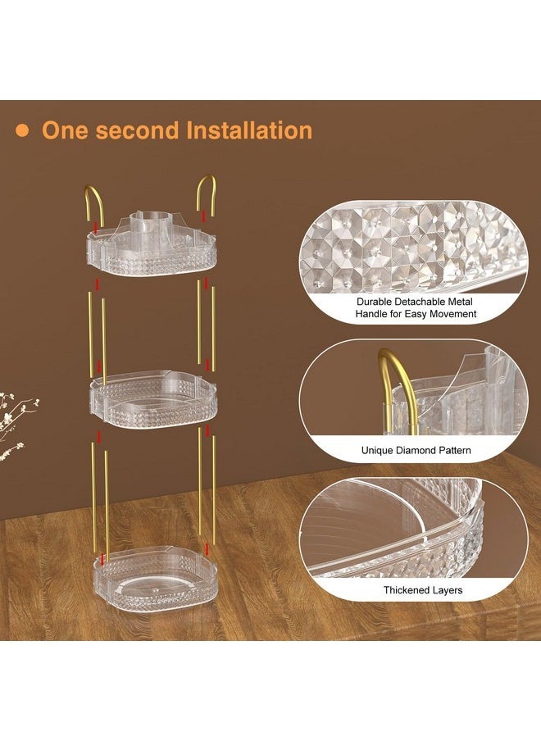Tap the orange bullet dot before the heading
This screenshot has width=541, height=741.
pyautogui.click(x=22, y=131)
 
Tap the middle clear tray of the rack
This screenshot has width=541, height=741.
pyautogui.click(x=153, y=400)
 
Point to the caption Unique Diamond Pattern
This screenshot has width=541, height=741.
pyautogui.click(x=416, y=450)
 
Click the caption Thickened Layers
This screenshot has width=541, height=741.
pyautogui.click(x=423, y=590)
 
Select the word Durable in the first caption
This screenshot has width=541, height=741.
pyautogui.click(x=375, y=302)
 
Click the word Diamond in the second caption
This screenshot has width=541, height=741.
pyautogui.click(x=415, y=450)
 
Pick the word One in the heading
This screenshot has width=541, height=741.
pyautogui.click(x=66, y=130)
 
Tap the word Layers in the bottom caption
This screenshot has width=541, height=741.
pyautogui.click(x=448, y=590)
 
